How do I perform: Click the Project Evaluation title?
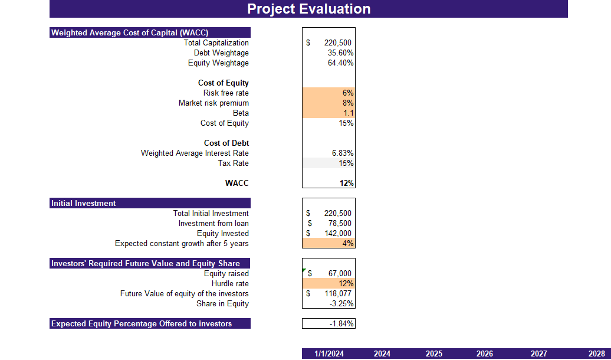[308, 9]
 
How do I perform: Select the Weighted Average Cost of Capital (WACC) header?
[130, 32]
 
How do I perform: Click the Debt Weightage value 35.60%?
[340, 53]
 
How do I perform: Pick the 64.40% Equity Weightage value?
[340, 63]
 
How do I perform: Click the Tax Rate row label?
[233, 163]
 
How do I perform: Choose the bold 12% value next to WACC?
[346, 184]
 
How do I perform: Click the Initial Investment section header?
[84, 203]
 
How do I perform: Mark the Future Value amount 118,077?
[337, 294]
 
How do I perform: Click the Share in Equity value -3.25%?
[341, 304]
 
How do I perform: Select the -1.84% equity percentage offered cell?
[341, 324]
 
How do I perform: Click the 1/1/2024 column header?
[329, 354]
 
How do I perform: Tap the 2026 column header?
[485, 354]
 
